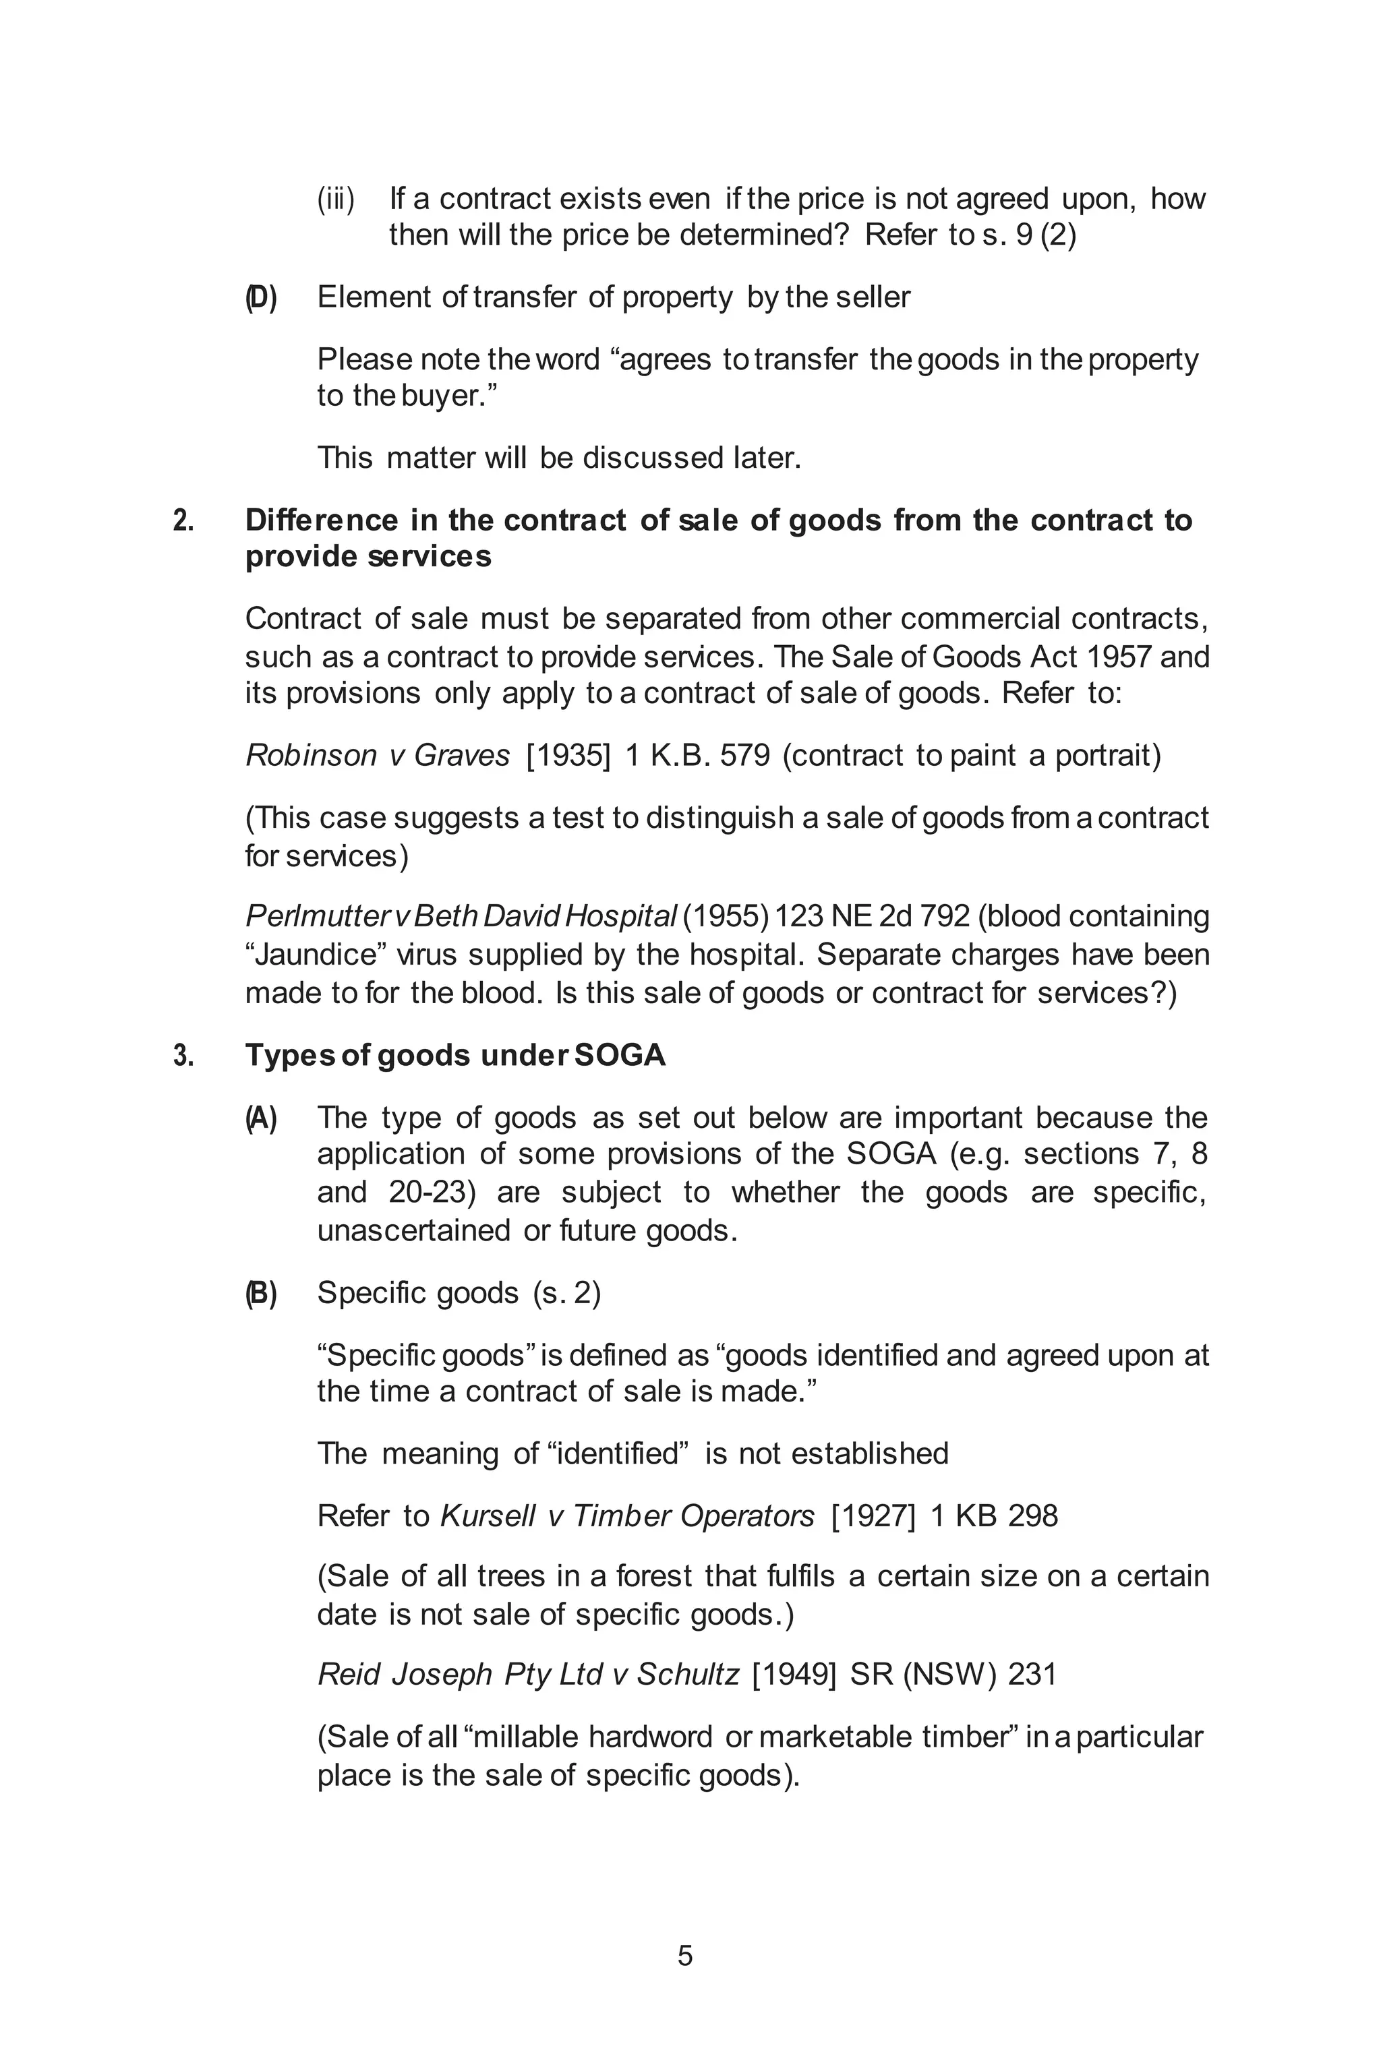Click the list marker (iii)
(336, 200)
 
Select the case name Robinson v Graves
(377, 756)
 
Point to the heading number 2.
(183, 521)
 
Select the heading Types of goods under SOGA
(454, 1055)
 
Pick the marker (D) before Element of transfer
(261, 299)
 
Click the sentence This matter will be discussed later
(558, 458)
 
